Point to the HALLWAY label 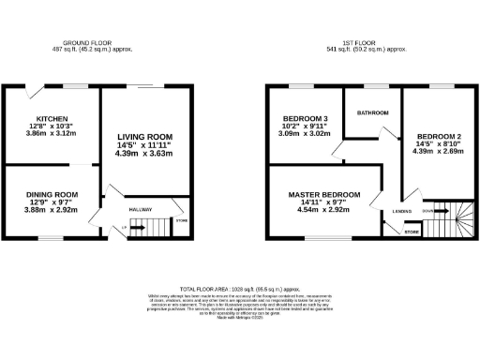coord(140,209)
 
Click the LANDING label coord(401,212)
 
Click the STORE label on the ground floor coord(180,221)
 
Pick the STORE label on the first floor coord(411,230)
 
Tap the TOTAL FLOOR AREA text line coord(239,291)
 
